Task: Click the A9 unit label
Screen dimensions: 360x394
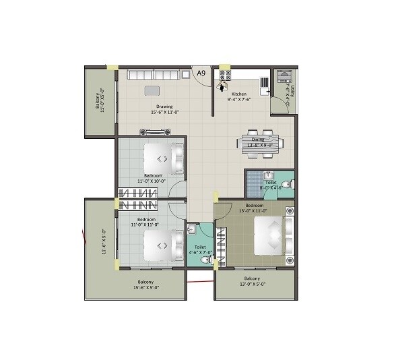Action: click(200, 72)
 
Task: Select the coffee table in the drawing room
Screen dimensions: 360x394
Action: click(153, 90)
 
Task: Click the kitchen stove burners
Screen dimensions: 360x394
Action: click(226, 74)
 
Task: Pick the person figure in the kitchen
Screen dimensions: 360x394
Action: click(220, 86)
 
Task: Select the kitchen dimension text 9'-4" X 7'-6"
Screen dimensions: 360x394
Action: click(239, 100)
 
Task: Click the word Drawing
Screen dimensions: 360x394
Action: click(165, 106)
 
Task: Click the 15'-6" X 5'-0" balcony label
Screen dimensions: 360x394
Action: click(145, 285)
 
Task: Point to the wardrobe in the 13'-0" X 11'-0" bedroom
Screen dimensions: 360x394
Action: click(223, 243)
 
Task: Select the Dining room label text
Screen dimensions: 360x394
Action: click(258, 140)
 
